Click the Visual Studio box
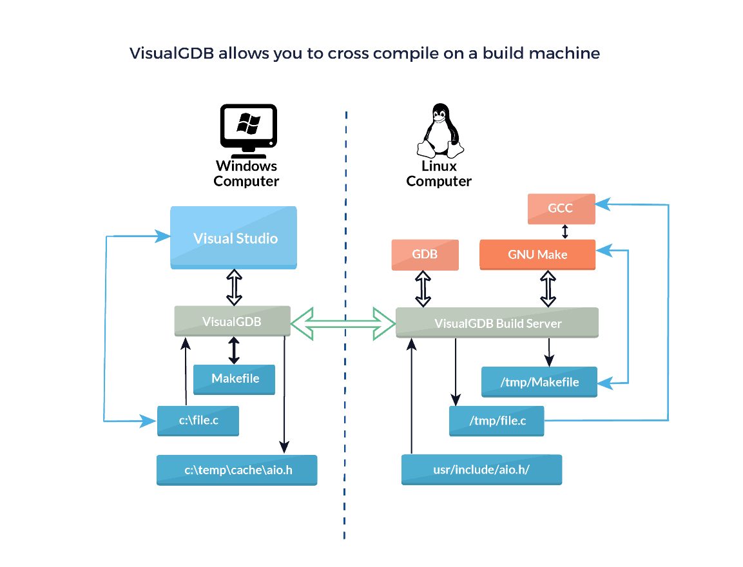point(234,237)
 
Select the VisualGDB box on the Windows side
point(232,321)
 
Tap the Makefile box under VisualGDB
point(234,379)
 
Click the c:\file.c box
point(198,421)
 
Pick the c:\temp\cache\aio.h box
point(237,470)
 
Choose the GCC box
point(561,208)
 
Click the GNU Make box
point(537,255)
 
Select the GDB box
point(425,255)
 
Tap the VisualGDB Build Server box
point(497,323)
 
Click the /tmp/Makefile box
point(539,382)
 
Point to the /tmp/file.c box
point(497,421)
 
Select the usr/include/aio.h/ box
point(481,470)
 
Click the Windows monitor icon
point(248,131)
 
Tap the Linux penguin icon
point(440,131)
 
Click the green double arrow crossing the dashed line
point(343,323)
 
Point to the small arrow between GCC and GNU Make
point(565,231)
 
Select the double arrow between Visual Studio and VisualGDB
point(234,287)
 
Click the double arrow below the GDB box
point(423,289)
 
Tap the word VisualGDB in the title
point(172,53)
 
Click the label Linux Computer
point(439,173)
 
